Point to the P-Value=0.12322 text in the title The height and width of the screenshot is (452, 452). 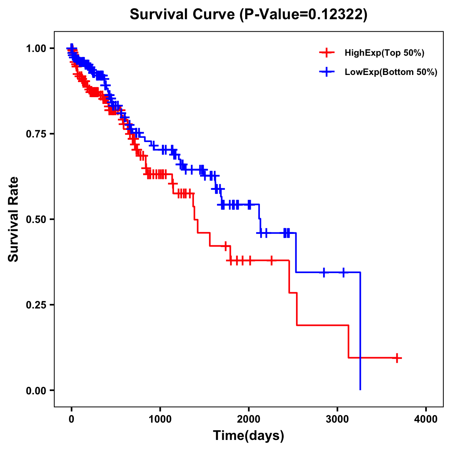pyautogui.click(x=304, y=14)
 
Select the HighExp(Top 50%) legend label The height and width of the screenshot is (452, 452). pyautogui.click(x=384, y=53)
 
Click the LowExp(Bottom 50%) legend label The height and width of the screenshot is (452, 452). pyautogui.click(x=391, y=72)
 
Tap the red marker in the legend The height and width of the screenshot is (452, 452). pyautogui.click(x=327, y=53)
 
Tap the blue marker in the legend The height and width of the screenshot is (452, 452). pyautogui.click(x=327, y=72)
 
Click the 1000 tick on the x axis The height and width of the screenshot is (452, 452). pyautogui.click(x=160, y=419)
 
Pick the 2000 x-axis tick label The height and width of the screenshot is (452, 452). pyautogui.click(x=249, y=419)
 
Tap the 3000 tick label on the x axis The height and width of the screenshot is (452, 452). pyautogui.click(x=337, y=419)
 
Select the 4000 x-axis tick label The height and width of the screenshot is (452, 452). pyautogui.click(x=426, y=419)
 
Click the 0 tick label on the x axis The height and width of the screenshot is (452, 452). pyautogui.click(x=72, y=419)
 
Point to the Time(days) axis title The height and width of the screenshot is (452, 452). pyautogui.click(x=249, y=436)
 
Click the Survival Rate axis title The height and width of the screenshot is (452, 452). pyautogui.click(x=14, y=219)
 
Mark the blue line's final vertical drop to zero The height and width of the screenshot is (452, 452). pyautogui.click(x=360, y=331)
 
